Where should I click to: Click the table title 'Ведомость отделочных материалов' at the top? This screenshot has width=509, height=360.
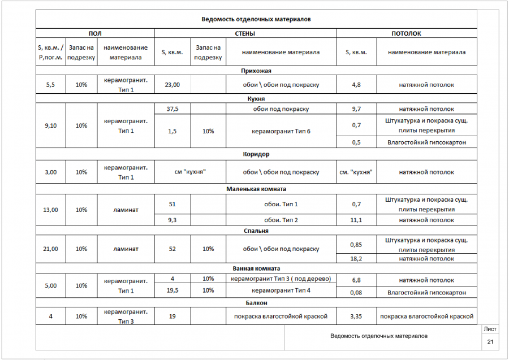(x=256, y=19)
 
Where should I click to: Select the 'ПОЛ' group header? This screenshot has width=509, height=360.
(x=95, y=34)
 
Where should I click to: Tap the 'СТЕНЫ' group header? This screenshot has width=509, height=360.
(x=244, y=34)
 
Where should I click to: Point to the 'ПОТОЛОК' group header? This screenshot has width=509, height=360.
(x=406, y=34)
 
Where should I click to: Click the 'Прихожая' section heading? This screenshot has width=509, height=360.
(x=256, y=71)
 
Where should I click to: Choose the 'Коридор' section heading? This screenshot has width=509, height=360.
(x=256, y=154)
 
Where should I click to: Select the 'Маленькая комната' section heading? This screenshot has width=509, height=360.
(x=256, y=189)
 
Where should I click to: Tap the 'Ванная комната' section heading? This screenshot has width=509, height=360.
(x=256, y=268)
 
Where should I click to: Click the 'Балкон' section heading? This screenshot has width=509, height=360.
(x=256, y=303)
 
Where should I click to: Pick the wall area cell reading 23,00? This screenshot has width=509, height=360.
(x=172, y=85)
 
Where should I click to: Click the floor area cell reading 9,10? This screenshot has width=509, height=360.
(x=50, y=125)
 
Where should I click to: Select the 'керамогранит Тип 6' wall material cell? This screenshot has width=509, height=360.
(x=281, y=131)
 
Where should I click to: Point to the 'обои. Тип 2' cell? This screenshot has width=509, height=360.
(x=281, y=220)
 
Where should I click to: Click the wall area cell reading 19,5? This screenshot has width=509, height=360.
(x=172, y=290)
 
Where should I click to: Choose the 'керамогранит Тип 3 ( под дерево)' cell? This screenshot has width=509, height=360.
(x=281, y=279)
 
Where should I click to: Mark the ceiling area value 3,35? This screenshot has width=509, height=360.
(x=356, y=316)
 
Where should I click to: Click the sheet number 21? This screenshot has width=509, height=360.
(x=490, y=342)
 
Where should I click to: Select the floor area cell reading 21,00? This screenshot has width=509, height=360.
(x=50, y=249)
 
